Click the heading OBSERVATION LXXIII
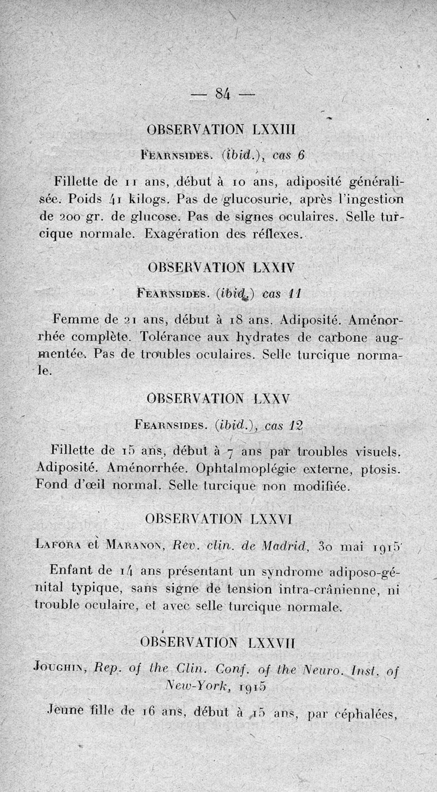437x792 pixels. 221,131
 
